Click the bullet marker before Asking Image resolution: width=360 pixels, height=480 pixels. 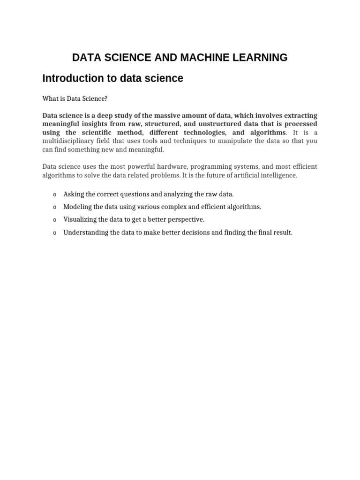tap(55, 195)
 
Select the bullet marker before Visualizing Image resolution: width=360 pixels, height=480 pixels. tap(55, 220)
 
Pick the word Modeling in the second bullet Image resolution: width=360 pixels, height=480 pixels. tap(78, 207)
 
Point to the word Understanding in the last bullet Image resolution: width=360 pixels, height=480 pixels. tap(86, 232)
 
